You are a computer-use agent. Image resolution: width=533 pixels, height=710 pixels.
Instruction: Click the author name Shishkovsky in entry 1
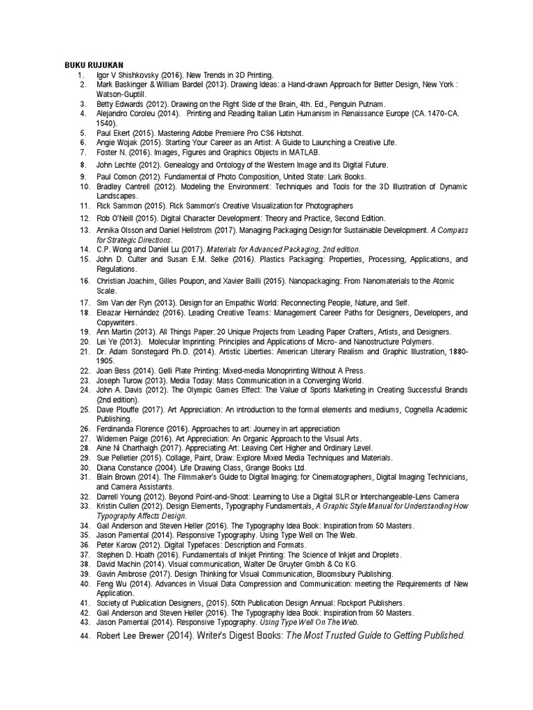[x=137, y=73]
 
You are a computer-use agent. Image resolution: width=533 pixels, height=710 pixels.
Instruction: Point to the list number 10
[x=85, y=187]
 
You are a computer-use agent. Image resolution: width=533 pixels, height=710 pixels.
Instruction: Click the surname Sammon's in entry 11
[x=203, y=206]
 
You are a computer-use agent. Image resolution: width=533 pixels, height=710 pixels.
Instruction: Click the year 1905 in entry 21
[x=105, y=361]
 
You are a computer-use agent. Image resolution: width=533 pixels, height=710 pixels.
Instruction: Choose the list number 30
[x=85, y=467]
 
